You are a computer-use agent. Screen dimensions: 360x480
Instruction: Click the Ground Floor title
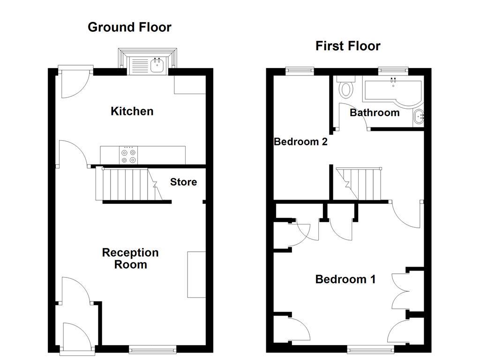click(x=129, y=27)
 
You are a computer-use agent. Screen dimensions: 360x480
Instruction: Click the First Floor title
click(x=347, y=46)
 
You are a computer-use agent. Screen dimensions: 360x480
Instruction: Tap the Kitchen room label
click(x=132, y=111)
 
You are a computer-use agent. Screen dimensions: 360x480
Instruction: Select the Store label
click(x=183, y=182)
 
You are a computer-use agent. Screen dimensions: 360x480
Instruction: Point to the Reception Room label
click(x=130, y=259)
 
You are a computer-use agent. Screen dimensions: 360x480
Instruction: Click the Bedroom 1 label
click(x=345, y=279)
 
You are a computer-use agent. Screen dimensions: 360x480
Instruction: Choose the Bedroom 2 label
click(x=300, y=142)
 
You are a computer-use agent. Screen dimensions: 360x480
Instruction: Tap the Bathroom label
click(x=375, y=112)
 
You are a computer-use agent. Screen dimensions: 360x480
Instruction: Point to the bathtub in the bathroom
click(x=393, y=90)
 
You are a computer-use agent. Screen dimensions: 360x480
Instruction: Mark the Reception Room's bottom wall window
click(x=153, y=349)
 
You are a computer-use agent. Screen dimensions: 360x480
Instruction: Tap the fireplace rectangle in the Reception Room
click(x=196, y=274)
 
